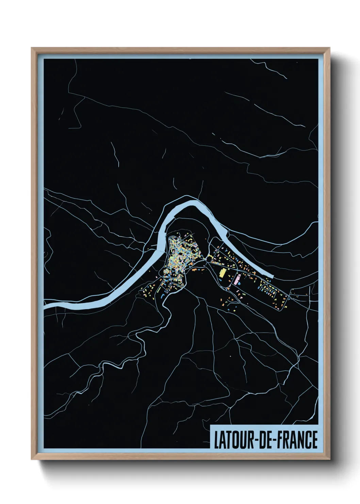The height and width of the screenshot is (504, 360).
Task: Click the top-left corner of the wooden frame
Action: point(32,48)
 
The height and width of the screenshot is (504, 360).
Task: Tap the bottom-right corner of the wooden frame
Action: point(330,459)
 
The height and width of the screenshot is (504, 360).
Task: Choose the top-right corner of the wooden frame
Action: point(330,48)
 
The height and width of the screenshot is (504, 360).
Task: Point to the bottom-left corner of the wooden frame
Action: point(32,459)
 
